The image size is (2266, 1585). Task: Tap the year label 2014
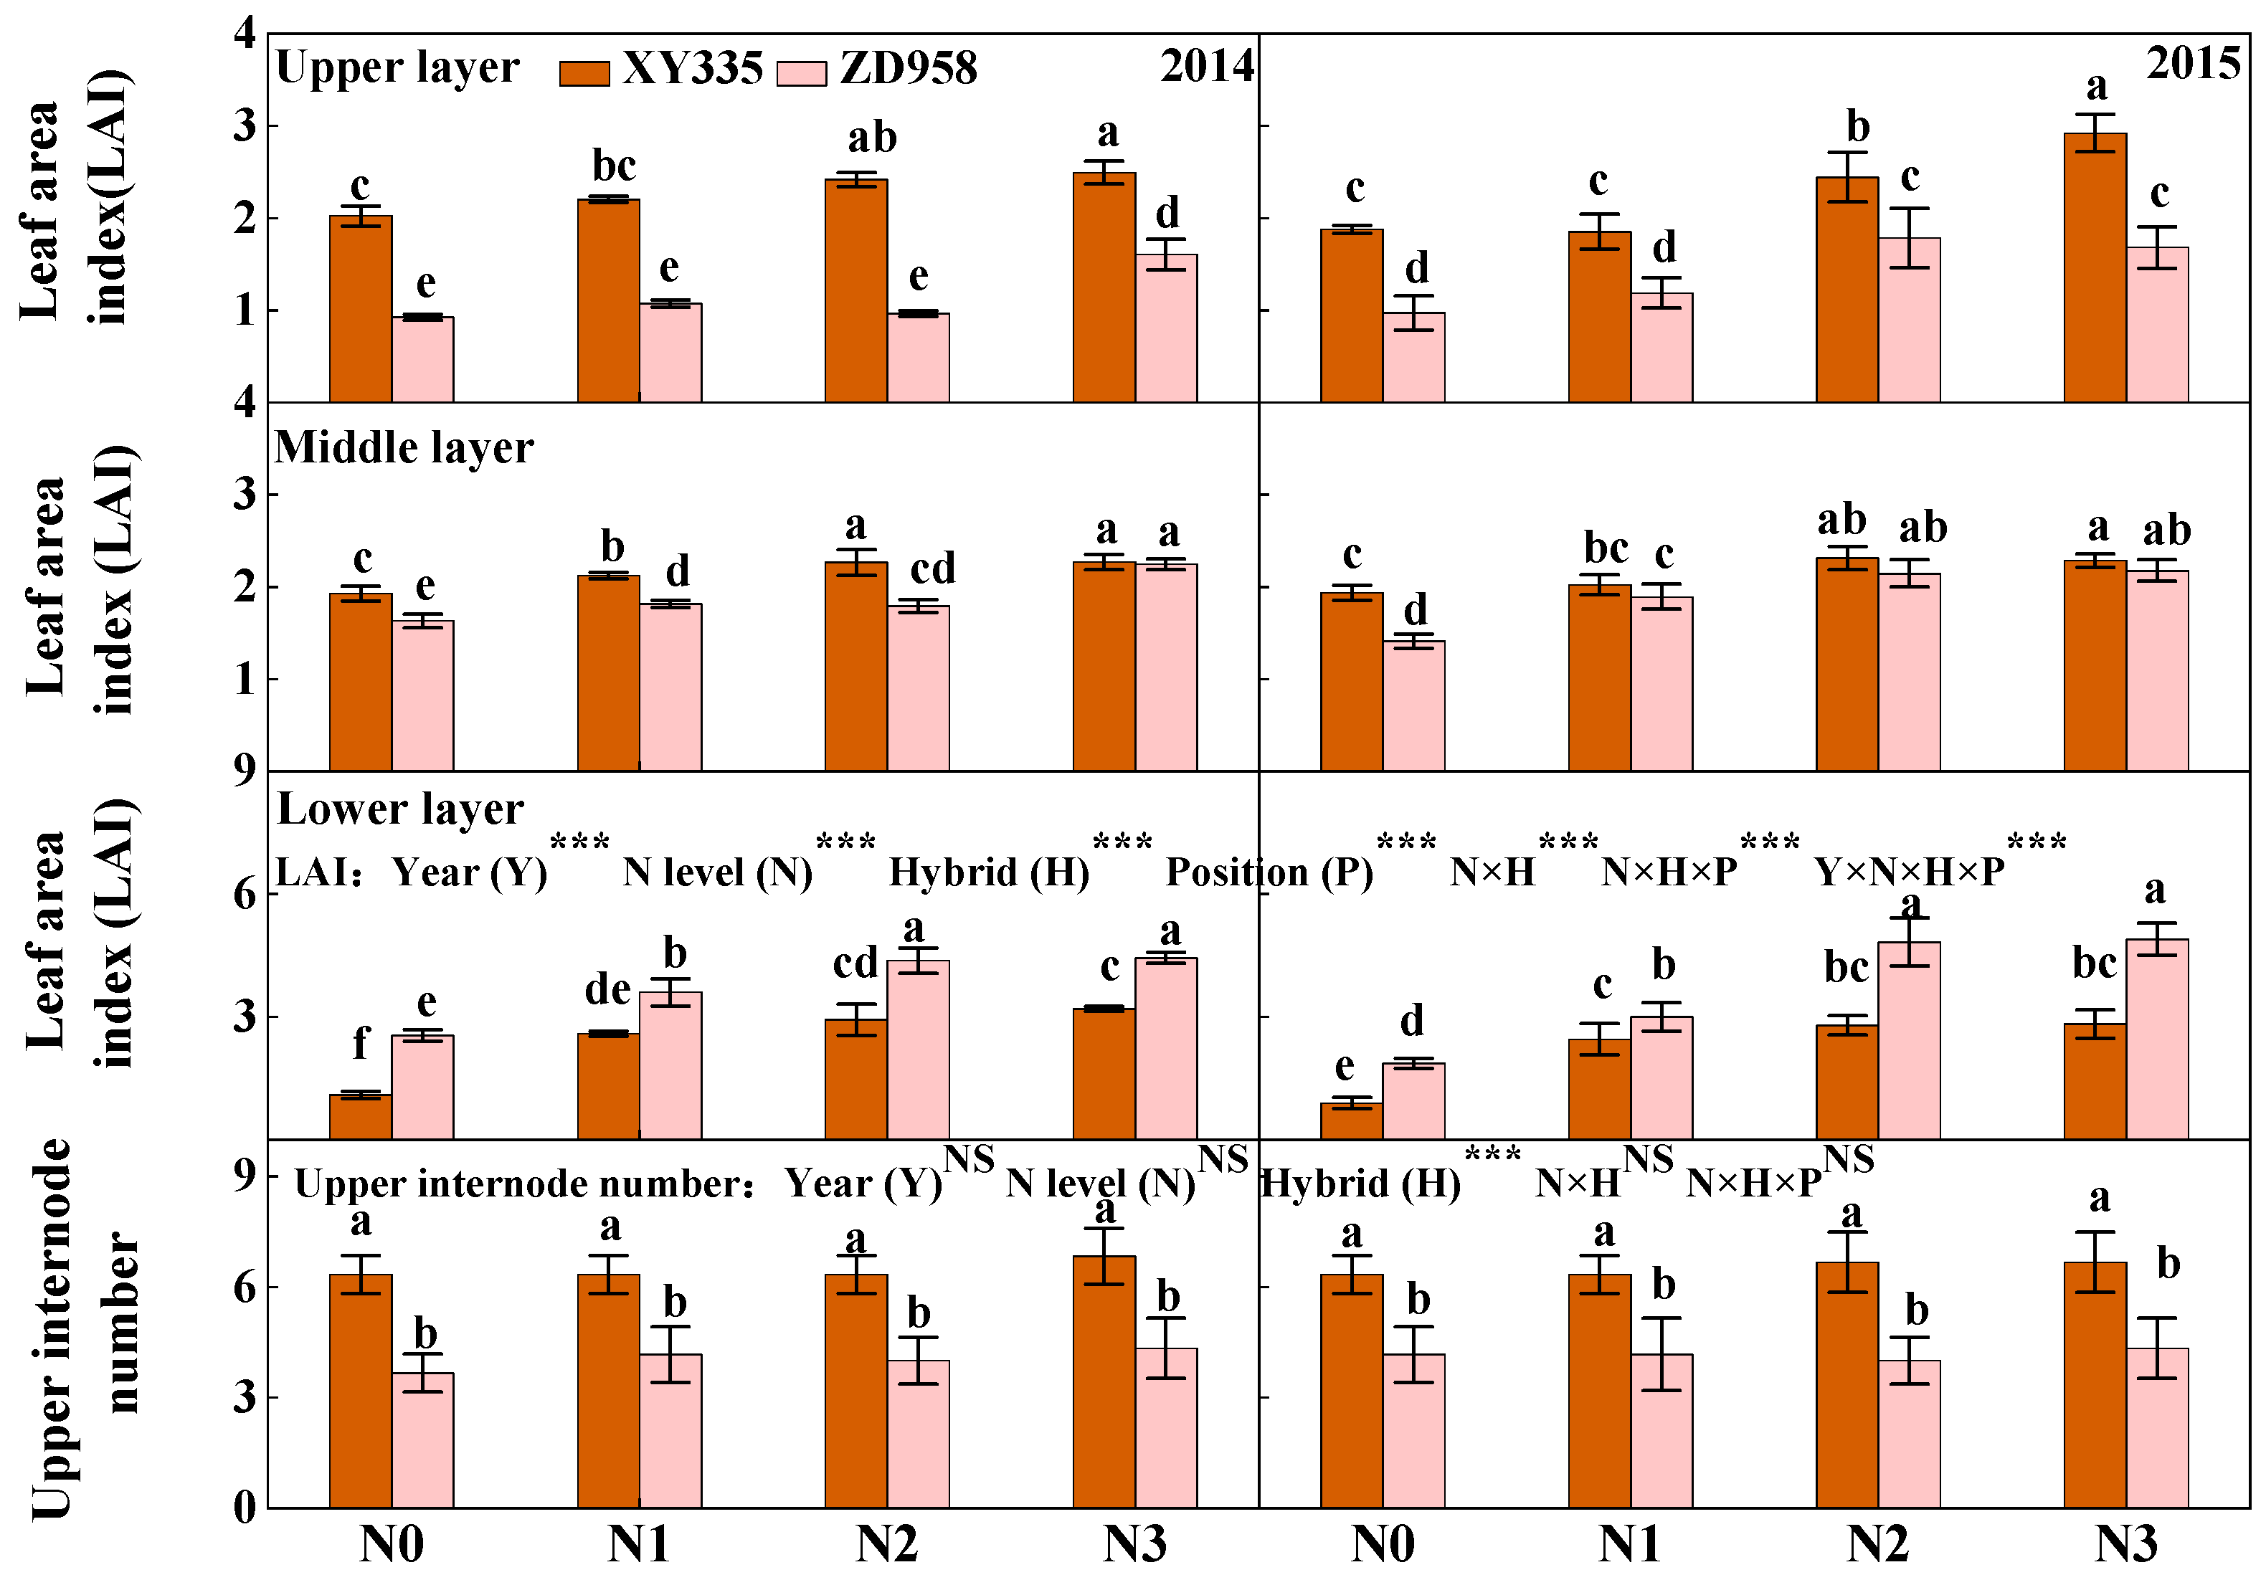point(1206,66)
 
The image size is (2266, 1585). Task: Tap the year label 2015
point(2193,64)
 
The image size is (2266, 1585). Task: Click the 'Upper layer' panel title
point(397,68)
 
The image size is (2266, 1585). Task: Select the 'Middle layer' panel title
point(404,447)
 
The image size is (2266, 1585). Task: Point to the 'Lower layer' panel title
point(399,809)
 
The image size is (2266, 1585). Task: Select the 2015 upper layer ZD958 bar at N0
point(1413,357)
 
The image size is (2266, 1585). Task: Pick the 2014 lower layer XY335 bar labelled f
point(360,1116)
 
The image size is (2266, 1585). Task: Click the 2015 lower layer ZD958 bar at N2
point(1909,1040)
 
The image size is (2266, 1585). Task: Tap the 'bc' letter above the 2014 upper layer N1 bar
point(613,166)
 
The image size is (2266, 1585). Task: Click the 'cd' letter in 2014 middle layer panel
point(931,568)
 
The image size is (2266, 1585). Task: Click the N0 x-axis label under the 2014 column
point(391,1545)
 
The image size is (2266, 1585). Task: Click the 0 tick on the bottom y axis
point(244,1507)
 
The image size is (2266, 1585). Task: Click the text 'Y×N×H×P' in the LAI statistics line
point(1909,872)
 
